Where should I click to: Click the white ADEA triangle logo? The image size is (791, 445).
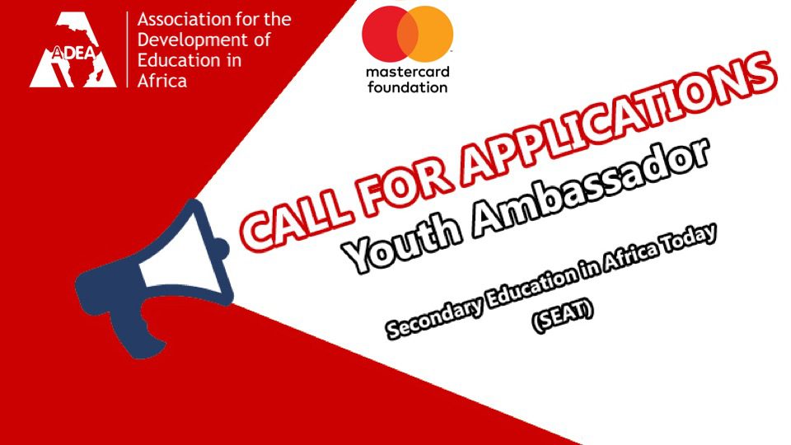click(x=73, y=49)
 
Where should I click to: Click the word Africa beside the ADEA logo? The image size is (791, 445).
click(x=162, y=81)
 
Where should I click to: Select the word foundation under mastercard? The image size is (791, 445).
click(x=408, y=87)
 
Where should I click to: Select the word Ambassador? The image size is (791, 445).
click(x=590, y=187)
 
